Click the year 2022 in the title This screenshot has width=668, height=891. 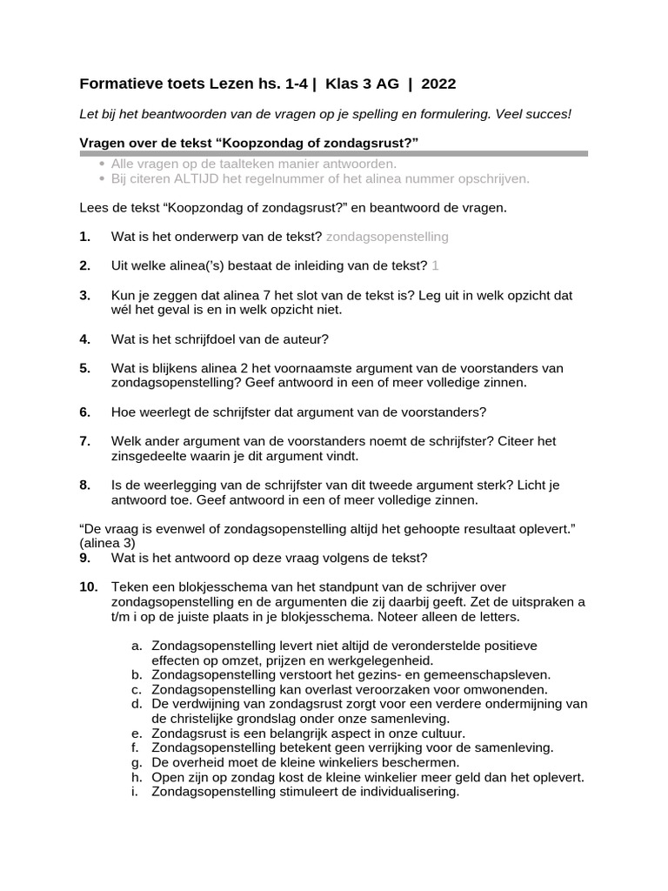tap(438, 84)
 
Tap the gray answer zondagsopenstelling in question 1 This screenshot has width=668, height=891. tap(387, 237)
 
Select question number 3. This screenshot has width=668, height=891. tap(84, 296)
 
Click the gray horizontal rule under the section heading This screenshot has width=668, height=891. tap(333, 153)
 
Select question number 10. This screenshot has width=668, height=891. tap(88, 587)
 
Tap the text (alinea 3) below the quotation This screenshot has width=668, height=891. tap(105, 542)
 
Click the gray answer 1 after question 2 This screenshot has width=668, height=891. tap(435, 266)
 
